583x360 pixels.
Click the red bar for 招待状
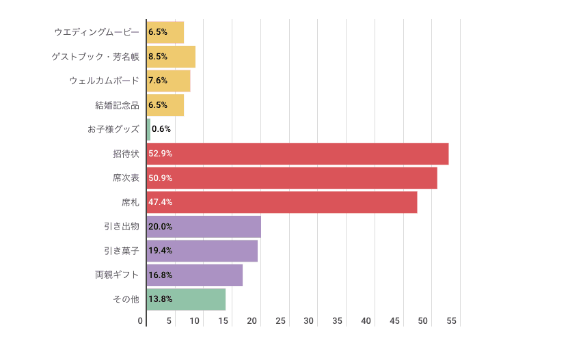[x=297, y=154]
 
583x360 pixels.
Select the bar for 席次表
[x=292, y=178]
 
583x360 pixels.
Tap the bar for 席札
[x=282, y=202]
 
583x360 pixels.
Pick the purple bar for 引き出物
[x=204, y=227]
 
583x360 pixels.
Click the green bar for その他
[x=186, y=299]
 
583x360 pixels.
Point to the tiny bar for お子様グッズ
[x=148, y=129]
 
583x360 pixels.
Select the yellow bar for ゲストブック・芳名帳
[x=171, y=57]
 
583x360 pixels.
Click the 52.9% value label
[x=160, y=154]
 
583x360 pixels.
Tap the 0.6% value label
[x=161, y=129]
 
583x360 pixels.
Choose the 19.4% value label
[x=160, y=251]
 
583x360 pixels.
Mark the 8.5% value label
[x=158, y=57]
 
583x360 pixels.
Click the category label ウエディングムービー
[x=96, y=32]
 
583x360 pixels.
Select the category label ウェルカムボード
[x=104, y=81]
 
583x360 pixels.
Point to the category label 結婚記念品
[x=117, y=105]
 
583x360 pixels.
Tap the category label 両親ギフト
[x=117, y=275]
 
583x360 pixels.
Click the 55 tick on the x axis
[x=452, y=321]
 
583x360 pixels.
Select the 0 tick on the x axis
[x=140, y=321]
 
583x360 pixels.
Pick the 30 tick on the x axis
[x=309, y=321]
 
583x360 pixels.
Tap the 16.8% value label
[x=160, y=275]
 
